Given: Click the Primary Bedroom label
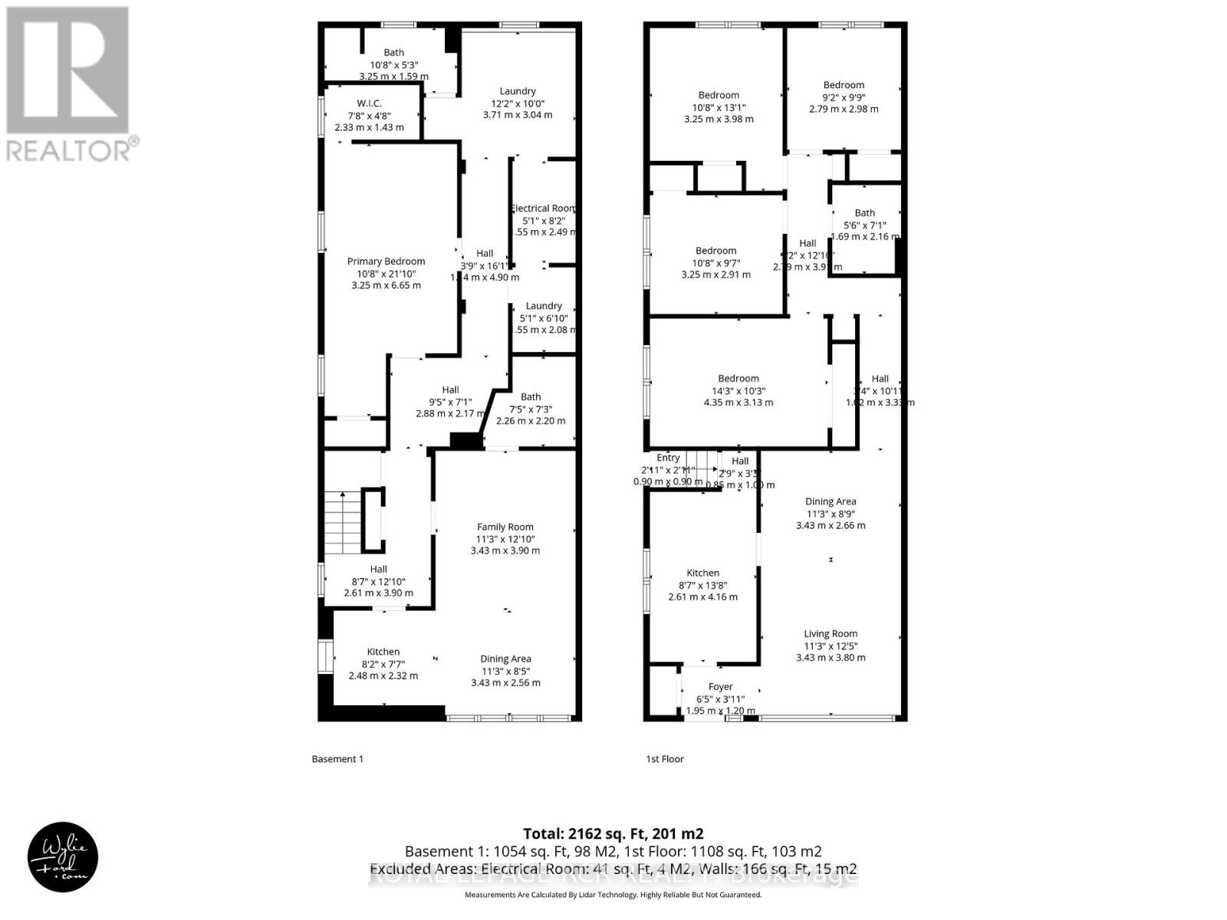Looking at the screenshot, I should coord(386,261).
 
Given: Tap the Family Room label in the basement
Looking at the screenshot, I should coord(505,527).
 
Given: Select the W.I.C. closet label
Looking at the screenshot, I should coord(369,103).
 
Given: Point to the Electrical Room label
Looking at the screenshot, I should coord(543,208).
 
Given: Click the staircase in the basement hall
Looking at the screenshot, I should coord(342,522).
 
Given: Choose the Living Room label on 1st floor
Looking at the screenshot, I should coord(831,633).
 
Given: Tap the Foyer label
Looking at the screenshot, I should coord(720,687).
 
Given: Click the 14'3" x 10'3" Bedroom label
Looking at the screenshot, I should coord(738,379).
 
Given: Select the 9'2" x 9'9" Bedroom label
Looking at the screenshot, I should coord(844,85).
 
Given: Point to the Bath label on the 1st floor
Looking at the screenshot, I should coord(864,213).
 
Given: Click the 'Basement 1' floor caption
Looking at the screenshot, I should coord(337,759).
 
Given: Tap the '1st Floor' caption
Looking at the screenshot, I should coord(664,759).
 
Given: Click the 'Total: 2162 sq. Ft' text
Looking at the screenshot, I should coord(613,833).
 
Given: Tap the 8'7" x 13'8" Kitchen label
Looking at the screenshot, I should coord(702,573).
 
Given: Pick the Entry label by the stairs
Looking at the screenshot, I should coord(668,458).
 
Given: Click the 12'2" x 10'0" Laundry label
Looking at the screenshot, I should coord(518,91).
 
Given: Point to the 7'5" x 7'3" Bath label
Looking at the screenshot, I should coord(531,397).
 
